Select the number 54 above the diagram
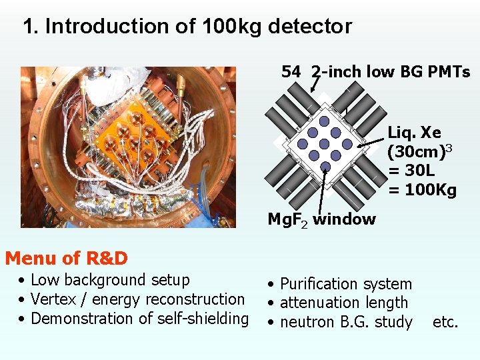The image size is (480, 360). coord(291,72)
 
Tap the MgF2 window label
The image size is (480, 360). coord(321,219)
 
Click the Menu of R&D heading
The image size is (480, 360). coord(67,258)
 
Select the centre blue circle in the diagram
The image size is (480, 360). coord(325,144)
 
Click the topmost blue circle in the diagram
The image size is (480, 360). coord(324,121)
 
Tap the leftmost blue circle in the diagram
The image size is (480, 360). coord(302,144)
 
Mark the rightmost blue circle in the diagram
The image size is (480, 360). coord(347,144)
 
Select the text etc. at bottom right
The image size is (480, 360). coord(445,322)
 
